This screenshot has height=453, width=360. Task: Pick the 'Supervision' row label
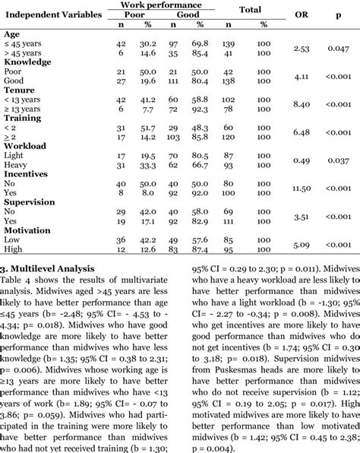[30, 203]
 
